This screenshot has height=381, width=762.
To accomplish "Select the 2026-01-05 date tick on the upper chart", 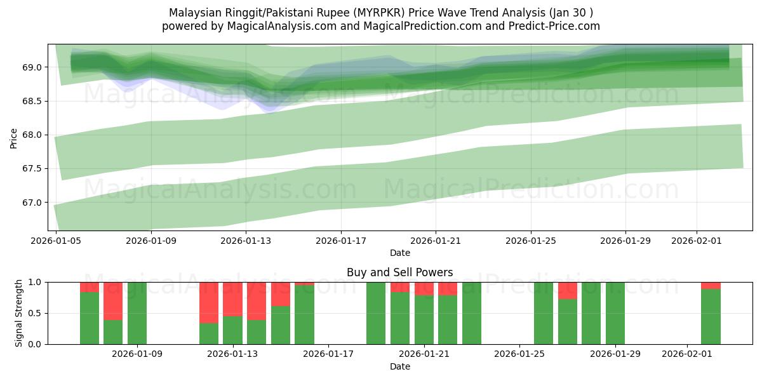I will (x=57, y=241).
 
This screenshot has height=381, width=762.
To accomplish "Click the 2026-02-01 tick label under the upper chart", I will (x=697, y=241).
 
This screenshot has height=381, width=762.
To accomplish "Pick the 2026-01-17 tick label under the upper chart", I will (x=341, y=241).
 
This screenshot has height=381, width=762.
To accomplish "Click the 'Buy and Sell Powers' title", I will (x=399, y=272).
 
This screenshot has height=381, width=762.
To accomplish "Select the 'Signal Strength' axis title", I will (x=19, y=313).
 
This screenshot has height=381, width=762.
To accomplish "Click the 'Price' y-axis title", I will (x=14, y=138).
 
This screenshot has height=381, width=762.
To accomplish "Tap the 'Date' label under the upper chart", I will (x=399, y=253).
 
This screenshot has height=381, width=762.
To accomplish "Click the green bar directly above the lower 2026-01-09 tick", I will (x=137, y=313).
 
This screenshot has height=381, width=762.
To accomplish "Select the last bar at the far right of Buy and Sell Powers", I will (x=711, y=316).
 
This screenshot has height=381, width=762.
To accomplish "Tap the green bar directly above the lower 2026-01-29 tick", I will (x=615, y=313).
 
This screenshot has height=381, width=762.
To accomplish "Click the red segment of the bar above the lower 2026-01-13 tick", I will (x=232, y=299).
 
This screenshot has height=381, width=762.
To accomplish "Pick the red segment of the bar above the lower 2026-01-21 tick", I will (x=424, y=288).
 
